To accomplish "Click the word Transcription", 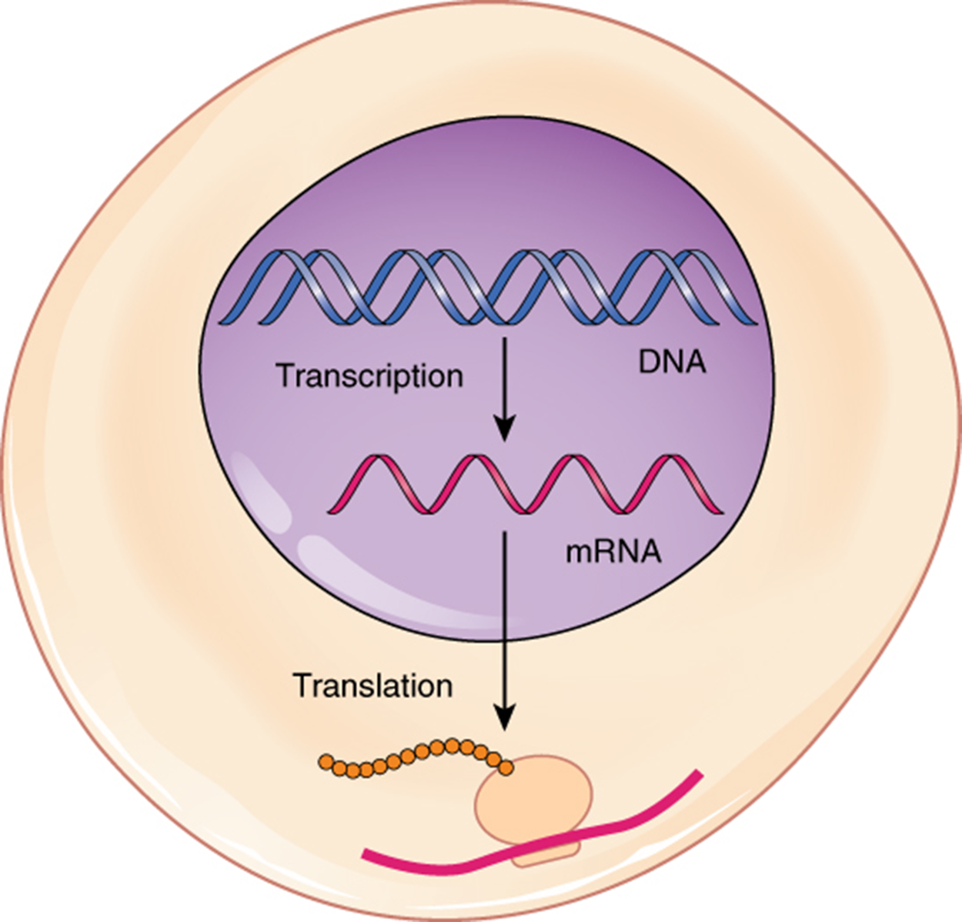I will pyautogui.click(x=369, y=376).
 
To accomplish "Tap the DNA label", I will pyautogui.click(x=672, y=361).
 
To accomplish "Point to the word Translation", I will pyautogui.click(x=372, y=685).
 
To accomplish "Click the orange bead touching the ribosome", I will pyautogui.click(x=506, y=767).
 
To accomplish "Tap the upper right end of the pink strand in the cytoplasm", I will pyautogui.click(x=697, y=773).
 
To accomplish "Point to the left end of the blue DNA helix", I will pyautogui.click(x=223, y=319).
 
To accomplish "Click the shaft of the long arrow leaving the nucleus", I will pyautogui.click(x=504, y=616).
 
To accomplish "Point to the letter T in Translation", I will pyautogui.click(x=301, y=685).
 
